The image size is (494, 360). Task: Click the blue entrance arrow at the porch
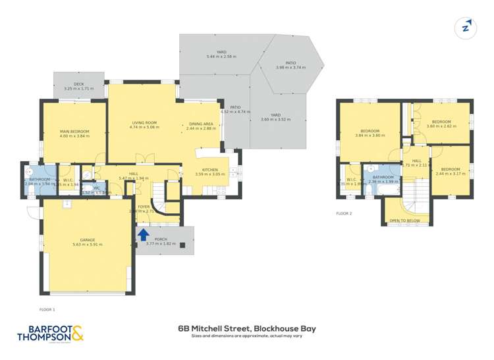coord(142,234)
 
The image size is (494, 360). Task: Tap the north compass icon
coord(466,27)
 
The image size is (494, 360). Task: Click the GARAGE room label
coord(88,241)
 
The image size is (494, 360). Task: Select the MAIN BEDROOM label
coord(74,132)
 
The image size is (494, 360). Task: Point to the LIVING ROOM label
coord(144,122)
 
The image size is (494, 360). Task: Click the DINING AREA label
coord(201,124)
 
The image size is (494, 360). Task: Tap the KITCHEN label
coord(211,170)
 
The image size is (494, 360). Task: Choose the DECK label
coord(79,84)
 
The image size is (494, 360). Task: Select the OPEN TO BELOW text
coord(404,220)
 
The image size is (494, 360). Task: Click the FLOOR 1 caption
coord(47,309)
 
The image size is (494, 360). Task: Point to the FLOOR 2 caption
coord(344,213)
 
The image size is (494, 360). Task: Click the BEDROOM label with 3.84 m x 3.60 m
coord(370,132)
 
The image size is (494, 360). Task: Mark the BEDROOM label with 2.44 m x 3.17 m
coord(450,170)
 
